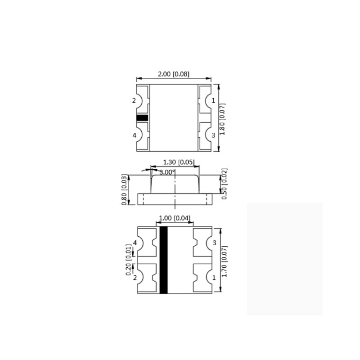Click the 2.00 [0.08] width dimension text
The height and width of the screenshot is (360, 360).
(x=173, y=74)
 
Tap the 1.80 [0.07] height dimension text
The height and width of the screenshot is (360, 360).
(x=222, y=119)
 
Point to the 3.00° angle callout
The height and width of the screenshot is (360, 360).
(x=166, y=172)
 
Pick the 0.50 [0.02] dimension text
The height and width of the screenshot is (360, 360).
(x=225, y=184)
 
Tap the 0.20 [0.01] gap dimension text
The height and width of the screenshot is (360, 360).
(x=129, y=260)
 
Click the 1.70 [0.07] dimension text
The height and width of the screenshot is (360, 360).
(x=225, y=261)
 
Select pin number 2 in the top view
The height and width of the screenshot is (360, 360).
(x=134, y=101)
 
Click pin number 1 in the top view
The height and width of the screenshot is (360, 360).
(x=213, y=101)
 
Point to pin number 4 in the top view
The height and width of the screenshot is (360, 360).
(x=134, y=135)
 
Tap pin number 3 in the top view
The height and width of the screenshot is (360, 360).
(x=213, y=135)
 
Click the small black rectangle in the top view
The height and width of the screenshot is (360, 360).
(x=142, y=118)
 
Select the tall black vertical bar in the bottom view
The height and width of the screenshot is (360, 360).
(x=163, y=260)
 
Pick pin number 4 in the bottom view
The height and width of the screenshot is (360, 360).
(x=135, y=243)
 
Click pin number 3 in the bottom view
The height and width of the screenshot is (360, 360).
(x=214, y=243)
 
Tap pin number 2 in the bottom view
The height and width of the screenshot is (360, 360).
(x=135, y=278)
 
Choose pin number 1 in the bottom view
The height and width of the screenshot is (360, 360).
(x=214, y=278)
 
